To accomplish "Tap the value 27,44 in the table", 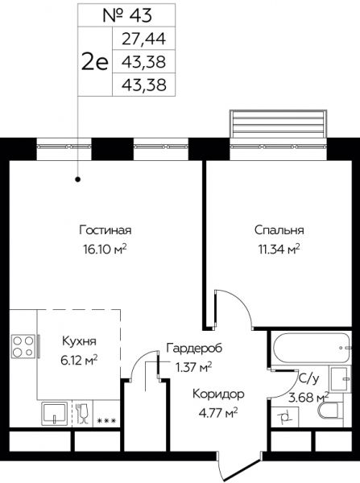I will (x=144, y=39).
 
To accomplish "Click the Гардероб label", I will (x=194, y=348).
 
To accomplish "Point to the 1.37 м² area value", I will (x=194, y=366).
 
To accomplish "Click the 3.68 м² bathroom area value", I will (x=309, y=396).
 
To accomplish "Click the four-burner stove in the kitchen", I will (x=23, y=348).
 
